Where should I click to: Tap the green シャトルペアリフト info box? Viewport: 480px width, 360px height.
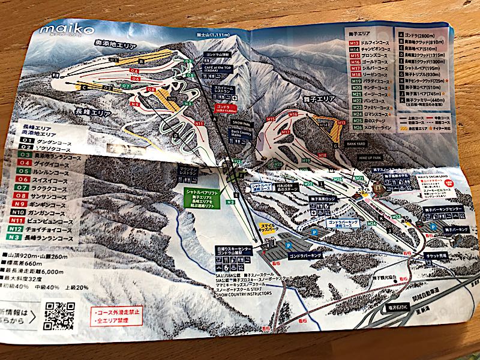(200, 194)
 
